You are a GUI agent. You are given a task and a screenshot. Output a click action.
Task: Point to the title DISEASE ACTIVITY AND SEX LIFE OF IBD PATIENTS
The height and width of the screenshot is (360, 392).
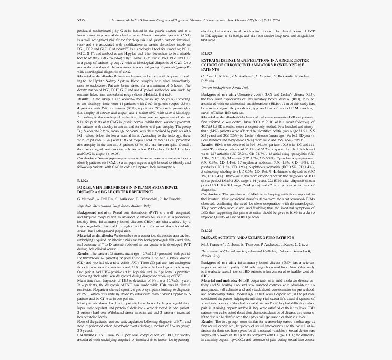(x=248, y=238)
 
